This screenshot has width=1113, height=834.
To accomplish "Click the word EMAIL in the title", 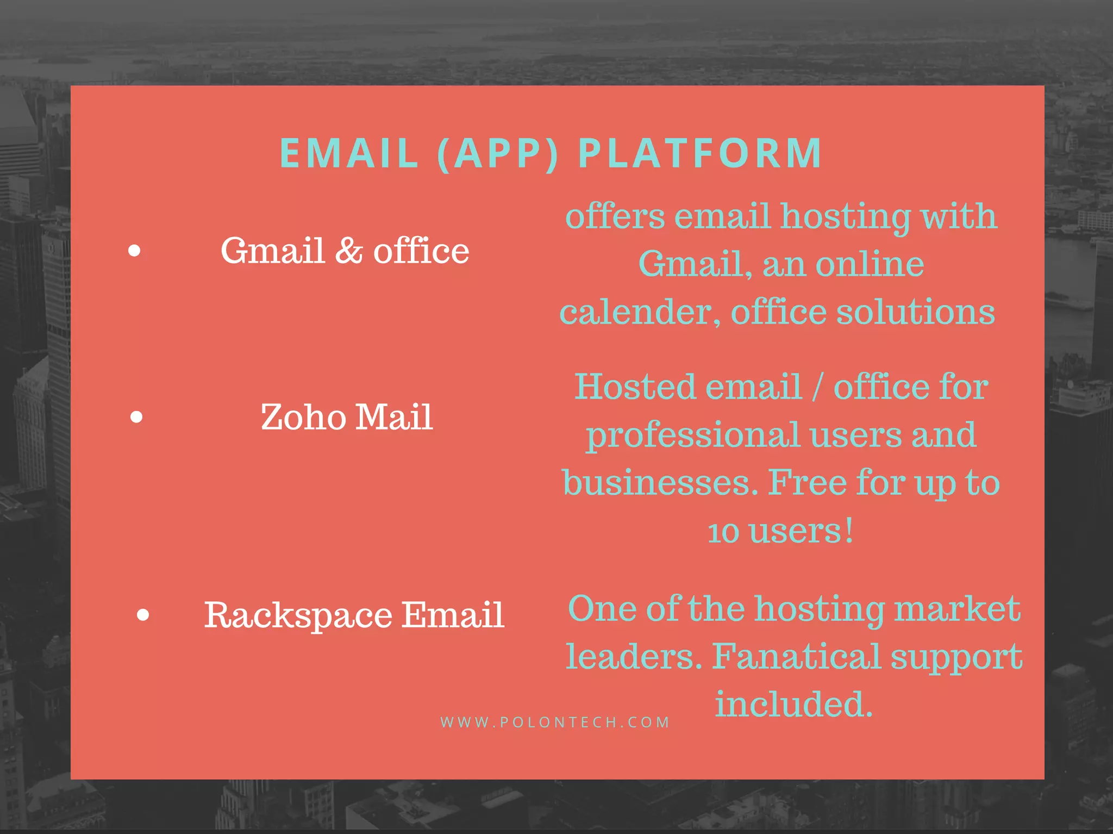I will [348, 153].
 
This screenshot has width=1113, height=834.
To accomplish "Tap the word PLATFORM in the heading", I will [700, 153].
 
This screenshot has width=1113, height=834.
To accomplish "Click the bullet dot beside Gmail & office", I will [134, 251].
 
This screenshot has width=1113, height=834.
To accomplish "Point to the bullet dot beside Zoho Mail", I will [137, 417].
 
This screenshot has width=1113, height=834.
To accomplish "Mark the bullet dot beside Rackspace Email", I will [143, 615].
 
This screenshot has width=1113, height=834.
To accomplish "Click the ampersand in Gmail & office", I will [348, 251].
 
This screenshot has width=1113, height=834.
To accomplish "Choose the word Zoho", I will [303, 418].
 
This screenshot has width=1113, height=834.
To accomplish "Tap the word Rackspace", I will [298, 615].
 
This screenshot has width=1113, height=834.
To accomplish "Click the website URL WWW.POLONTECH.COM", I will [555, 722].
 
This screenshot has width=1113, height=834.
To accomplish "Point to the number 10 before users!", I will [723, 532].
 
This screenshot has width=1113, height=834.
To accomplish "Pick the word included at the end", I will [793, 704].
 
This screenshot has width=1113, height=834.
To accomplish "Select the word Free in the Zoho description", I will [807, 483].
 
